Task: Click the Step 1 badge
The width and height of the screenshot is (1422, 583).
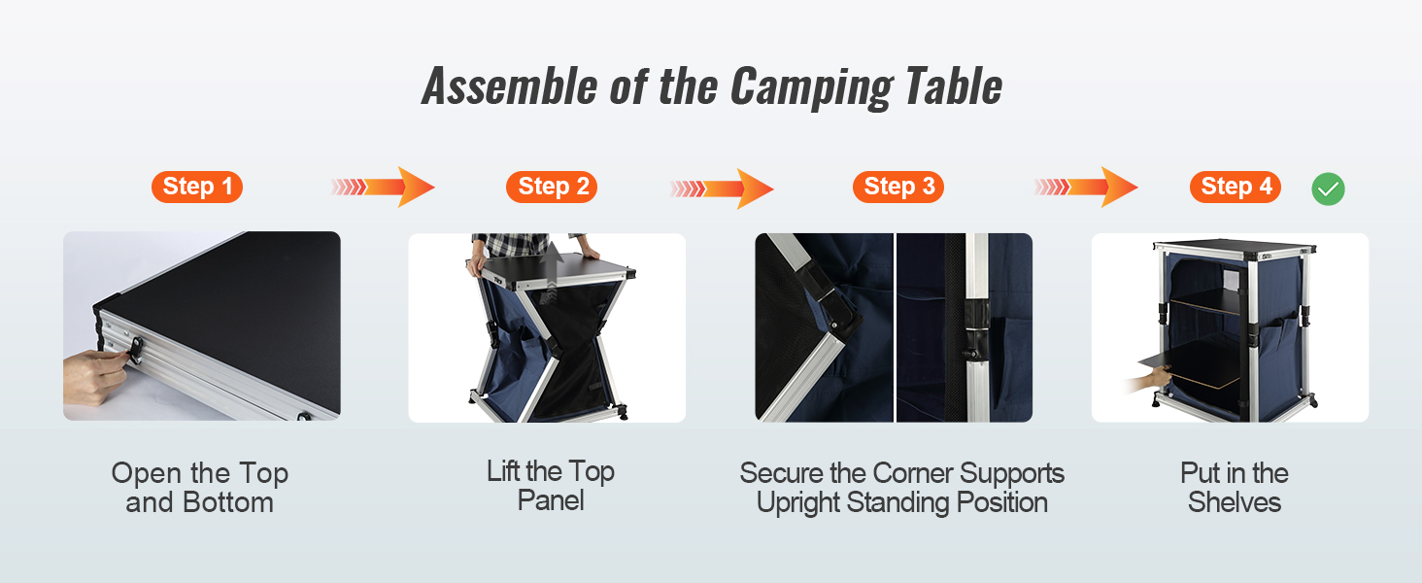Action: point(197,187)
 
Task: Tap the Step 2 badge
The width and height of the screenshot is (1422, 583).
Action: point(552,187)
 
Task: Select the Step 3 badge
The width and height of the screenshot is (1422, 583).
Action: point(898,187)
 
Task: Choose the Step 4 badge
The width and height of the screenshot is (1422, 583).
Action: point(1236,187)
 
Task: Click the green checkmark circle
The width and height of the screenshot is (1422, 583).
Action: point(1328,189)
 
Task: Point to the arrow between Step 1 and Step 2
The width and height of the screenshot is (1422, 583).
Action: point(383,187)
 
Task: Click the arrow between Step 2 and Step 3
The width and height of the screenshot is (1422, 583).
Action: point(722,189)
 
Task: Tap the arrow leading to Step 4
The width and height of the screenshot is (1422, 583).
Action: point(1086,187)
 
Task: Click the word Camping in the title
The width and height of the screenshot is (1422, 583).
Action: point(812,87)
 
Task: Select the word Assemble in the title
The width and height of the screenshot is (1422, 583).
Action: point(510,86)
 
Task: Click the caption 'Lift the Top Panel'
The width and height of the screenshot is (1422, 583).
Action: point(551,486)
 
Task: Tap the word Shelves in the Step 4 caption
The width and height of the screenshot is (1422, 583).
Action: point(1235,502)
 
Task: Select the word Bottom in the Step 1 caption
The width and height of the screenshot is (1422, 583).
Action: point(227,502)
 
